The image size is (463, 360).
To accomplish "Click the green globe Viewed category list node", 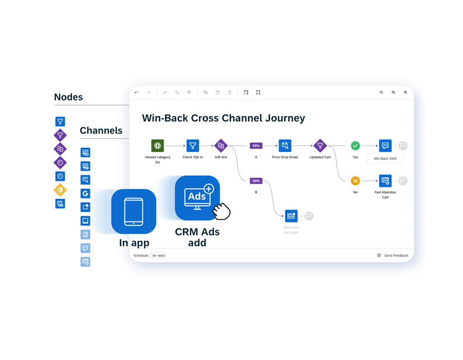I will click(x=157, y=146).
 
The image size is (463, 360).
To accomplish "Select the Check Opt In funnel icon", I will click(x=193, y=146).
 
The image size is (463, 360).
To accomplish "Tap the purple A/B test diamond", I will click(x=221, y=146).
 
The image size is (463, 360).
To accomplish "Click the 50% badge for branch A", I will click(x=256, y=146).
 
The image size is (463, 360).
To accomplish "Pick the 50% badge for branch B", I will click(x=256, y=181).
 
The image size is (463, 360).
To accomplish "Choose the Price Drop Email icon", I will click(x=285, y=146).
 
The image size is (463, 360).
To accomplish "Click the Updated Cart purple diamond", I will click(x=320, y=146).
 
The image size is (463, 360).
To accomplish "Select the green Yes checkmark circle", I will click(x=355, y=146).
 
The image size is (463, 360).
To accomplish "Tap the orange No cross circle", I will click(x=355, y=181).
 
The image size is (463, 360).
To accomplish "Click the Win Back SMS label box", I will click(x=385, y=159).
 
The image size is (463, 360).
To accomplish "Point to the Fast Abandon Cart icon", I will click(x=385, y=181).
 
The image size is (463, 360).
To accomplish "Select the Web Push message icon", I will click(x=291, y=216).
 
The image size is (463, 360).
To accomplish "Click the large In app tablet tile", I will click(x=133, y=211).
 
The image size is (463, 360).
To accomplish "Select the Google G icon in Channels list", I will click(x=85, y=194).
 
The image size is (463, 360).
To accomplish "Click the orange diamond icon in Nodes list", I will click(x=60, y=190).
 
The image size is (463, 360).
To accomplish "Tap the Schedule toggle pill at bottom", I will click(x=158, y=256).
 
